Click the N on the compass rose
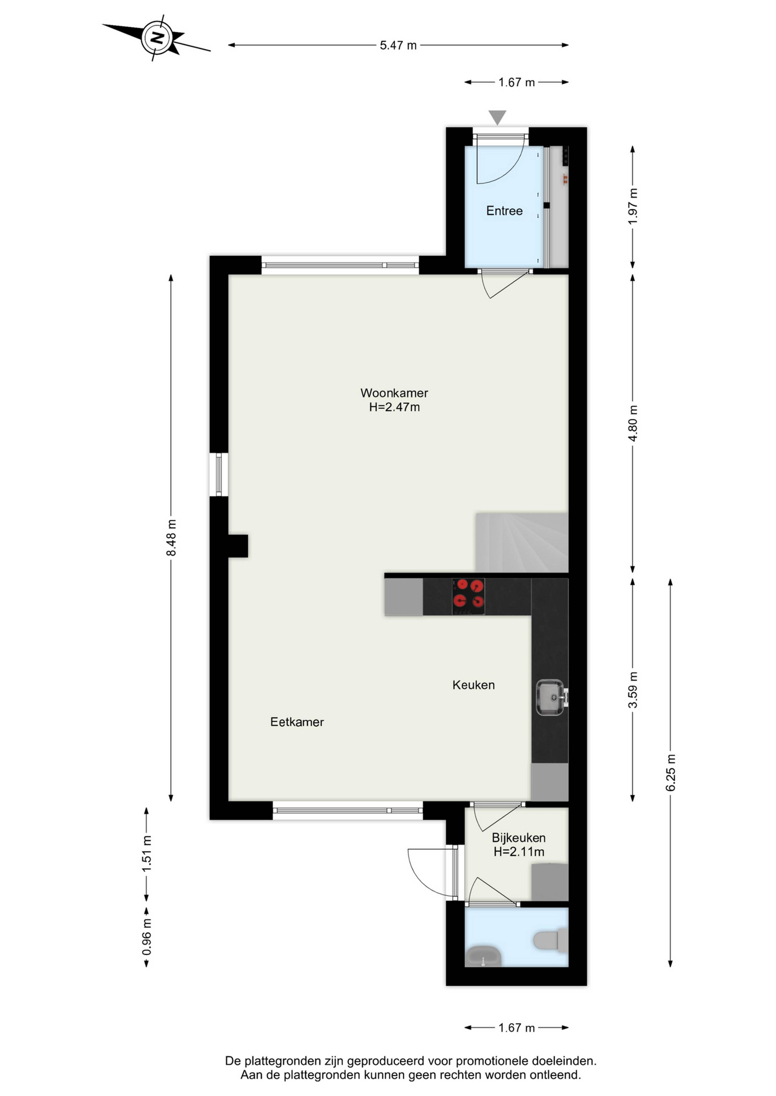[157, 37]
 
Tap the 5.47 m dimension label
[398, 45]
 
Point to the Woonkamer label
[394, 393]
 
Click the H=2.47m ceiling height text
[394, 407]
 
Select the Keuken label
[473, 685]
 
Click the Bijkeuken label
[519, 838]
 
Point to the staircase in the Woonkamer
[521, 543]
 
